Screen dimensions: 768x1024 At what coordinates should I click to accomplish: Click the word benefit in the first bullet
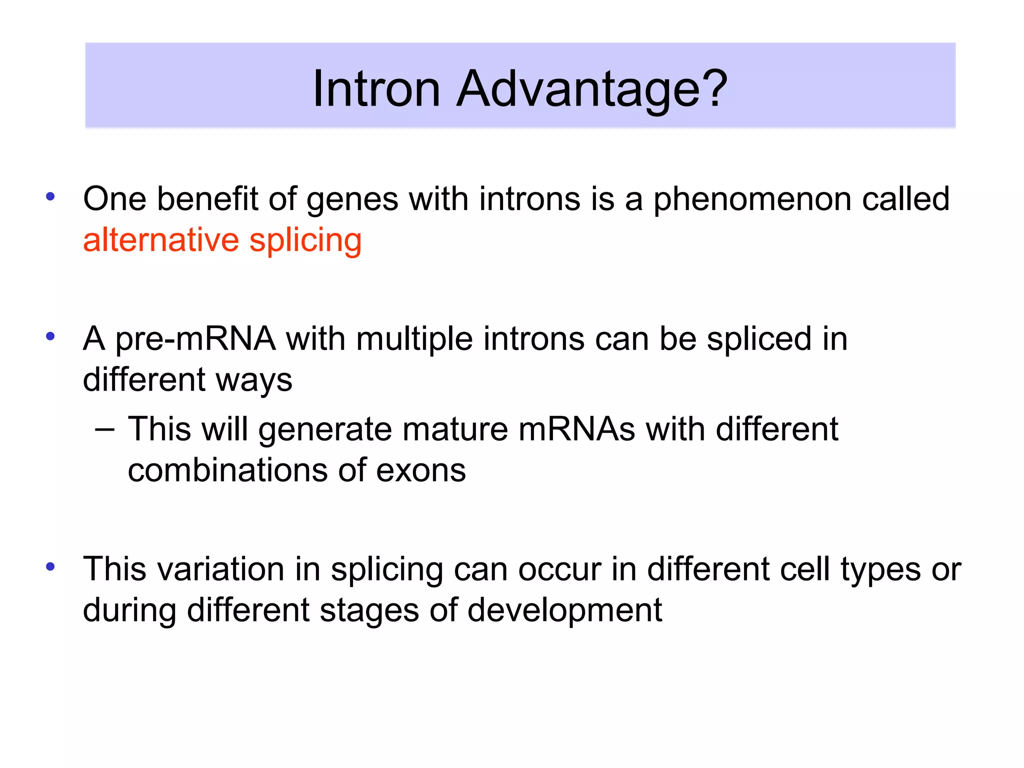(207, 198)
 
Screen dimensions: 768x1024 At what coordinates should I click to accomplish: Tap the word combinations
(227, 470)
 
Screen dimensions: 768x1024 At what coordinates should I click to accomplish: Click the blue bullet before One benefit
(50, 196)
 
